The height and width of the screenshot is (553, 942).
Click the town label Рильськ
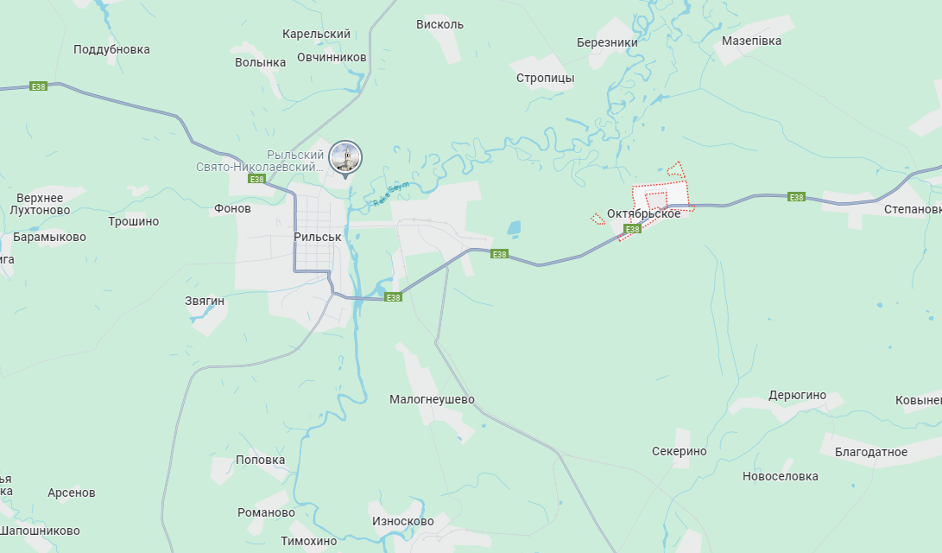pos(318,237)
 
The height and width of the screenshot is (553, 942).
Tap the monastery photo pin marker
pos(346,158)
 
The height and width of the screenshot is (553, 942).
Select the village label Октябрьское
pos(643,213)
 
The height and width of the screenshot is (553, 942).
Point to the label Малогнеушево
pos(432,399)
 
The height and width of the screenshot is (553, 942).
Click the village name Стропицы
pos(545,78)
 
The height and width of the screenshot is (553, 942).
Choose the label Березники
pos(607,42)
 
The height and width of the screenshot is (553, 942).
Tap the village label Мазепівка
pos(751,41)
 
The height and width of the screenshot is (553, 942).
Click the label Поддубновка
pos(111,49)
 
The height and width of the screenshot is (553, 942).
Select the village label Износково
pos(402,522)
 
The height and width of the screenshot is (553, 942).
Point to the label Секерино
pos(679,451)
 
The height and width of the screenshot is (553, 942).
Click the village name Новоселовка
pos(780,476)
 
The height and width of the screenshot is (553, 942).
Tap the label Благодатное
pos(871,452)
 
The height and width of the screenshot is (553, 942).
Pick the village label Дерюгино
pos(797,396)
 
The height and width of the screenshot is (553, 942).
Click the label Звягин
pos(205,301)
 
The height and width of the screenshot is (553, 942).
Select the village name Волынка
pos(260,62)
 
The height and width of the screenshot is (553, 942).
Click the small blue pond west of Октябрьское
pos(515,229)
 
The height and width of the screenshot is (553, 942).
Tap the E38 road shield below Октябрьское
pos(633,229)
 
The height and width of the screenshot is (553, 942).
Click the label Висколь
pos(439,24)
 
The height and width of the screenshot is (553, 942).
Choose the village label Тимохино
pos(308,541)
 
